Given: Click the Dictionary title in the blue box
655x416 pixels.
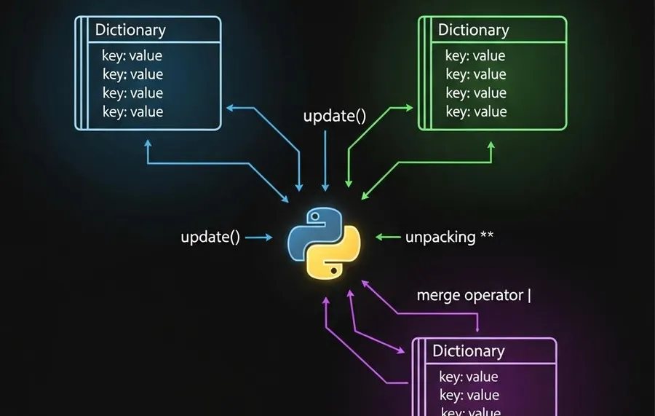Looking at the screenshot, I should tap(130, 31).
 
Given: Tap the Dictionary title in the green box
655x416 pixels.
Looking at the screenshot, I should tap(473, 31).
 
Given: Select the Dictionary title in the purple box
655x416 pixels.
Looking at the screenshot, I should tap(468, 351).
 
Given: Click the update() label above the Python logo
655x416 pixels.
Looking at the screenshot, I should tap(334, 117).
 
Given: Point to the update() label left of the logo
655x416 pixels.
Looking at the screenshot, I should tap(210, 238).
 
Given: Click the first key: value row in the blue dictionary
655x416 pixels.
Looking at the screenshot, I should tap(132, 56).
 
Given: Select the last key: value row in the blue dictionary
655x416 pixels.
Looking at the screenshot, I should tap(132, 112).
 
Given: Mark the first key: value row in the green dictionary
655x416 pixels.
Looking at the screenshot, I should tap(475, 56).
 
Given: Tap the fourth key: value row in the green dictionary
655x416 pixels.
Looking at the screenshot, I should tap(475, 112).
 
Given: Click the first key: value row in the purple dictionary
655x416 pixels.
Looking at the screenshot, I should tap(469, 377).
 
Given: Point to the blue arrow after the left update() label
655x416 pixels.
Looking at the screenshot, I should tap(261, 238).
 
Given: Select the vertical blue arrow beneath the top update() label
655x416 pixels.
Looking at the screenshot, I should tap(325, 164).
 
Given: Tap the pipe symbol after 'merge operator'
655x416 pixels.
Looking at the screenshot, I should tap(529, 296).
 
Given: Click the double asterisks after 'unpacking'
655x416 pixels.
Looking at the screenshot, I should tap(488, 236).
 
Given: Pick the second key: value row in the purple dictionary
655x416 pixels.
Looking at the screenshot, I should tap(469, 396).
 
